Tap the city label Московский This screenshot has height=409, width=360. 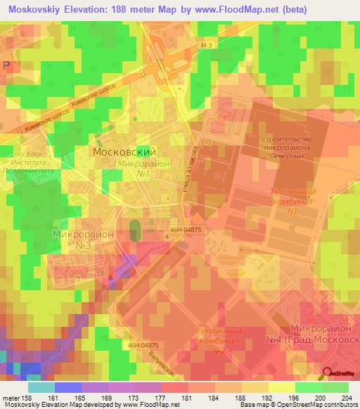[x=124, y=151]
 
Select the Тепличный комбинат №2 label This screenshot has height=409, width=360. [x=218, y=341]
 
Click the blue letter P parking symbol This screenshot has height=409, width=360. [x=6, y=65]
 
